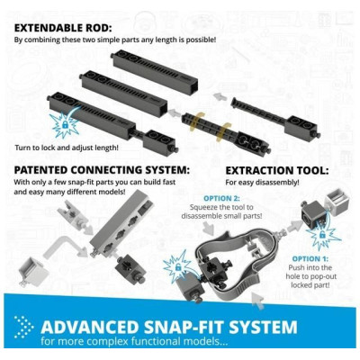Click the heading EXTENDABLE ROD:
point(63,28)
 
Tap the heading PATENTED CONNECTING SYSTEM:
point(102,170)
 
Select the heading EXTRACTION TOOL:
point(277,171)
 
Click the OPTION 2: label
point(221,198)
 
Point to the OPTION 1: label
point(310,258)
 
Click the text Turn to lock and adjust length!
point(67,148)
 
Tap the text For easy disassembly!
point(262,182)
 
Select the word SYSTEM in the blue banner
point(263,327)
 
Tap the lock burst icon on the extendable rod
point(65,124)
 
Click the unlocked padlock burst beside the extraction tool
point(177,266)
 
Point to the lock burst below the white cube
point(322,236)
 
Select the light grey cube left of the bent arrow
point(32,272)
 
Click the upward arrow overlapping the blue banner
point(258,301)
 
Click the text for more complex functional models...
point(134,341)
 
